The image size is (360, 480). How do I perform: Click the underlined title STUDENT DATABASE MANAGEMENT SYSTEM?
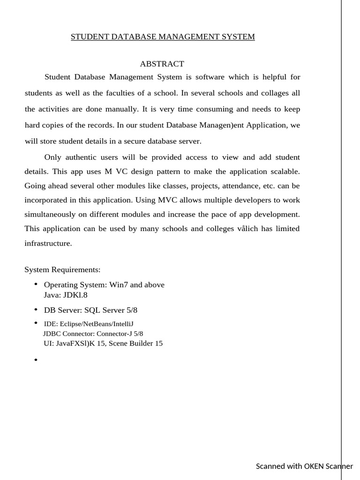[x=163, y=37]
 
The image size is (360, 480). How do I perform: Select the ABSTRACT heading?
[x=162, y=64]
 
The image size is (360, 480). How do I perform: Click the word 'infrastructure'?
[x=48, y=243]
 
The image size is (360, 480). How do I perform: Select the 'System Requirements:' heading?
[x=62, y=270]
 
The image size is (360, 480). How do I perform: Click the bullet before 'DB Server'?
[x=36, y=310]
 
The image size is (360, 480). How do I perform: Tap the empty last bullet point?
[x=36, y=360]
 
